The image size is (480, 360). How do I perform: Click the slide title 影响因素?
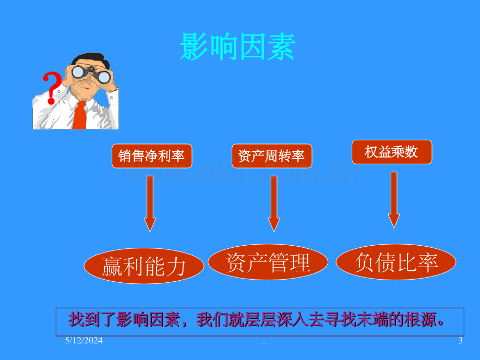click(237, 46)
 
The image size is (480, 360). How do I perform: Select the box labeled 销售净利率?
click(152, 156)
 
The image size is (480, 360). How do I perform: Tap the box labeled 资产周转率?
click(272, 156)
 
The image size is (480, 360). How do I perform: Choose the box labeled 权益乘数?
click(392, 152)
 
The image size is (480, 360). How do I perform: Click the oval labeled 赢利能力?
click(144, 266)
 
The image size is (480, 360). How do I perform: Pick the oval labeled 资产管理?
click(268, 262)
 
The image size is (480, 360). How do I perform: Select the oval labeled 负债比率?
click(396, 262)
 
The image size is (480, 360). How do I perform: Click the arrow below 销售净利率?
click(150, 204)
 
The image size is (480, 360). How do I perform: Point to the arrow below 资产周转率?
click(274, 204)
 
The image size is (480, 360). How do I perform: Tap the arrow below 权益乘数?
click(394, 200)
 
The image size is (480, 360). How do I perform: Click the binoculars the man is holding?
click(91, 74)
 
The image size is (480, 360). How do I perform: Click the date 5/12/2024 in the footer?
click(83, 340)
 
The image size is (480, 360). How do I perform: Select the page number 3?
click(460, 340)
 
